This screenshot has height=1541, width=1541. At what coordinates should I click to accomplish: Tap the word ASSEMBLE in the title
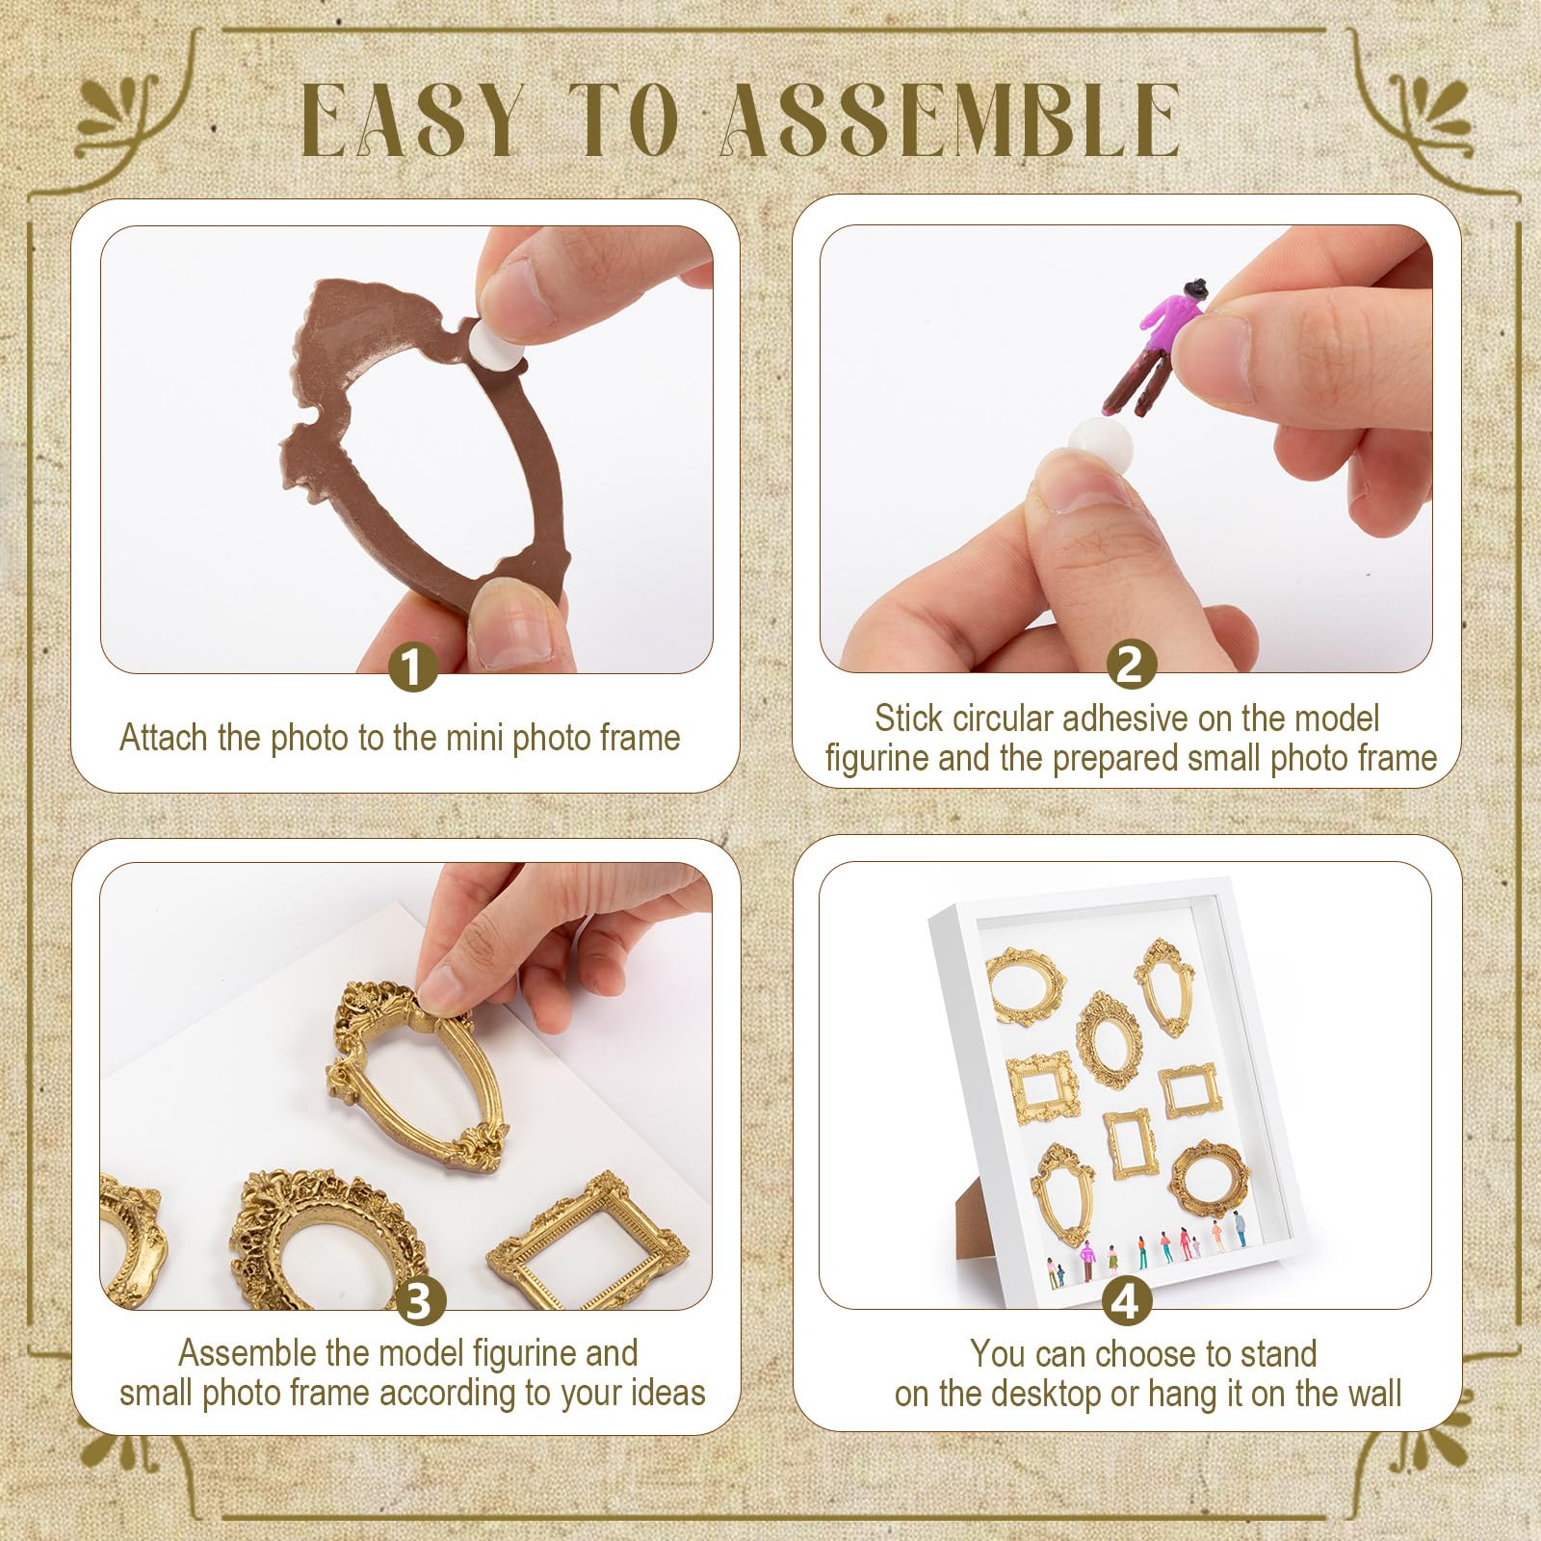point(952,119)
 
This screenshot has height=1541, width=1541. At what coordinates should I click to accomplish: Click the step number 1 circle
point(412,666)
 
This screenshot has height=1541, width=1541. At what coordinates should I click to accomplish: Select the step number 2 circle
point(1131,665)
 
